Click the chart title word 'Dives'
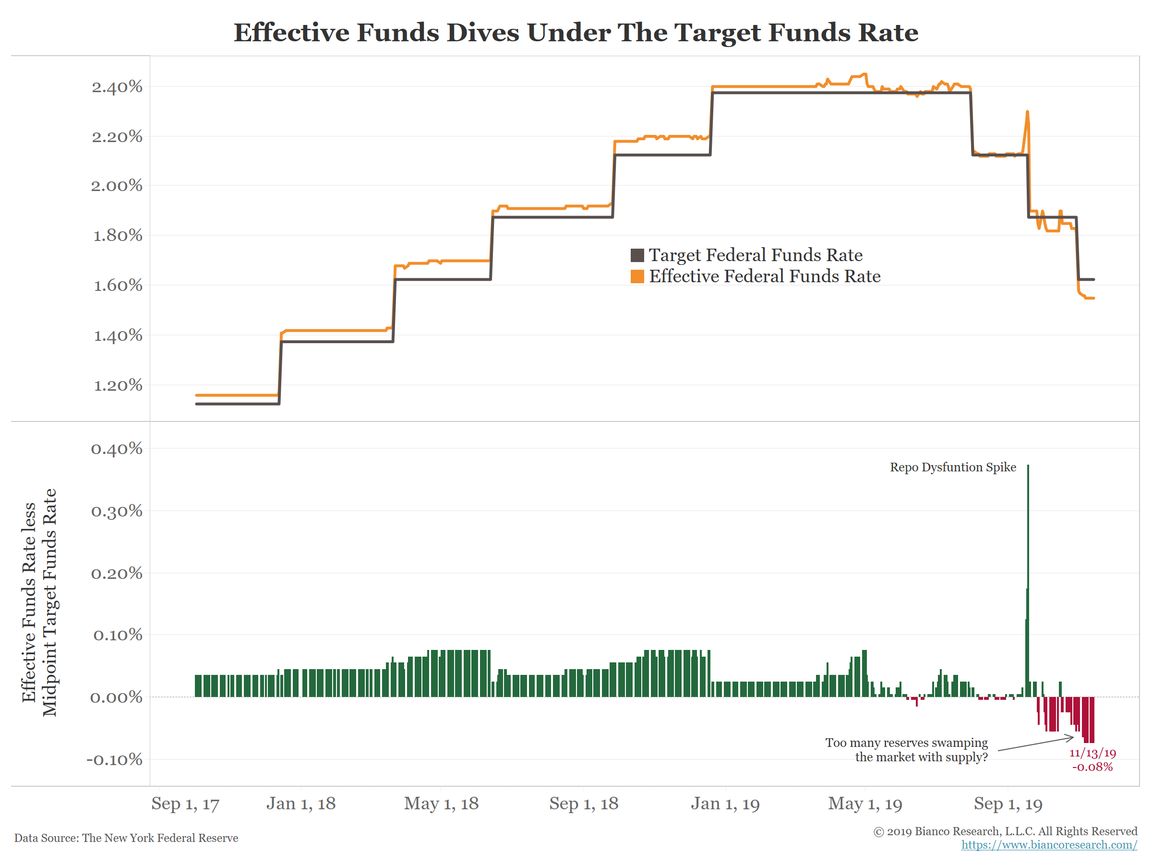[483, 32]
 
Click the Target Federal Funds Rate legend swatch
[637, 255]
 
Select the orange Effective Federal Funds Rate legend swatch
[637, 276]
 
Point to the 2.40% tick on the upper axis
[117, 87]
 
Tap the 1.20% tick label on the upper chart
[118, 385]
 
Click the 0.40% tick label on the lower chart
[117, 449]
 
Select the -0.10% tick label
[115, 759]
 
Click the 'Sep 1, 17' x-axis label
[185, 804]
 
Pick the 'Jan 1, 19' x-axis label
[725, 804]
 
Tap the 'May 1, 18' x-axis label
[441, 804]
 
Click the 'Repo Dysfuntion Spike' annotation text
[952, 467]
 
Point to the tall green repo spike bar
[1028, 573]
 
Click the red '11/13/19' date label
[1092, 754]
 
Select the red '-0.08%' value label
[1092, 767]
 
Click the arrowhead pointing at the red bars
[1071, 737]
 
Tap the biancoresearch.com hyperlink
[1048, 845]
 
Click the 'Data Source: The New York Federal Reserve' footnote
[126, 838]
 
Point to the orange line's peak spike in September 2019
[1027, 112]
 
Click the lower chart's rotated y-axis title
[39, 602]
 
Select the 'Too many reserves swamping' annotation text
[906, 743]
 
